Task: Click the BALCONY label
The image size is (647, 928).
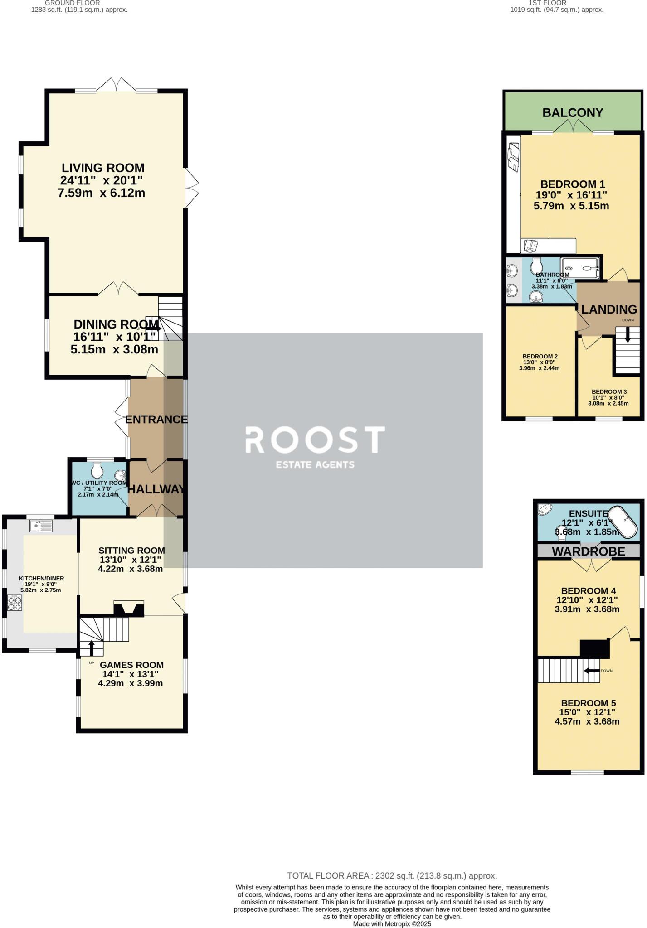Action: point(573,112)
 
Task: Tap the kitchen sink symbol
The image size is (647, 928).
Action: point(41,526)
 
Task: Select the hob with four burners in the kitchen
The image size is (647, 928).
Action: point(15,604)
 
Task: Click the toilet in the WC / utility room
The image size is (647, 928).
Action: point(97,470)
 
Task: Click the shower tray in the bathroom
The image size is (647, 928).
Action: point(580,268)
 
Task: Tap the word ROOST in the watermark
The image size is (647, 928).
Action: point(315,440)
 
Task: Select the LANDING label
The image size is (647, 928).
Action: point(609,309)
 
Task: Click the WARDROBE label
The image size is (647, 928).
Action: point(588,551)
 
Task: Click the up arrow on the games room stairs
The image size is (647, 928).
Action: point(91,648)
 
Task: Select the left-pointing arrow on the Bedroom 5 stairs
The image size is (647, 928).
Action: point(592,671)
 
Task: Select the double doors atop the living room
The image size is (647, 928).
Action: point(117,86)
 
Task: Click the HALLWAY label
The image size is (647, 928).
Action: point(156,489)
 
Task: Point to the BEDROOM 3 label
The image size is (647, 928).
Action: point(609,392)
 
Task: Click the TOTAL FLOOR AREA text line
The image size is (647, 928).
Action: point(392,876)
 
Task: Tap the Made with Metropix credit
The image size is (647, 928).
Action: point(392,924)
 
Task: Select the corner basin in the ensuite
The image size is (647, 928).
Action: point(544,509)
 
